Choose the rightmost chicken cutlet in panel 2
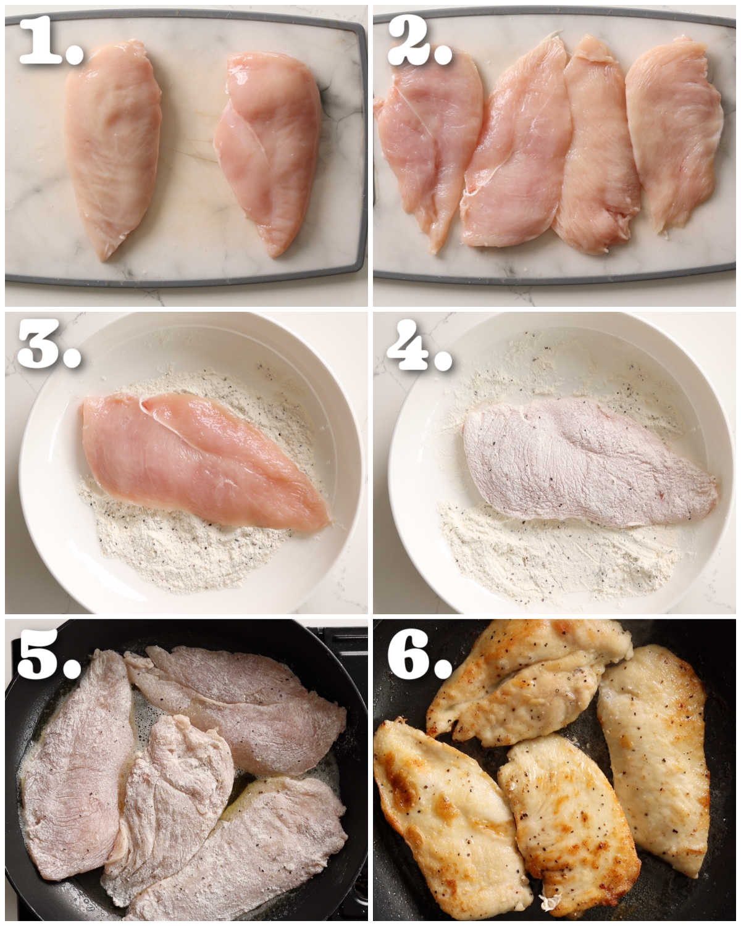[676, 130]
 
